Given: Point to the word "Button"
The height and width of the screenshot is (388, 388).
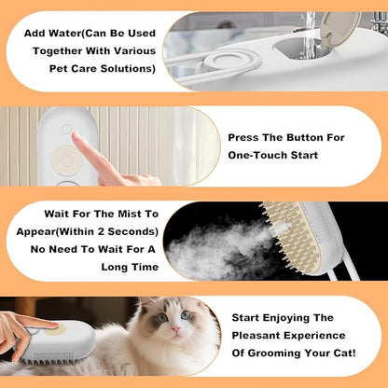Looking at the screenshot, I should coord(317,136).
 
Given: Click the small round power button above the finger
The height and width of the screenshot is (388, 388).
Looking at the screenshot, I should coord(66,129).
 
